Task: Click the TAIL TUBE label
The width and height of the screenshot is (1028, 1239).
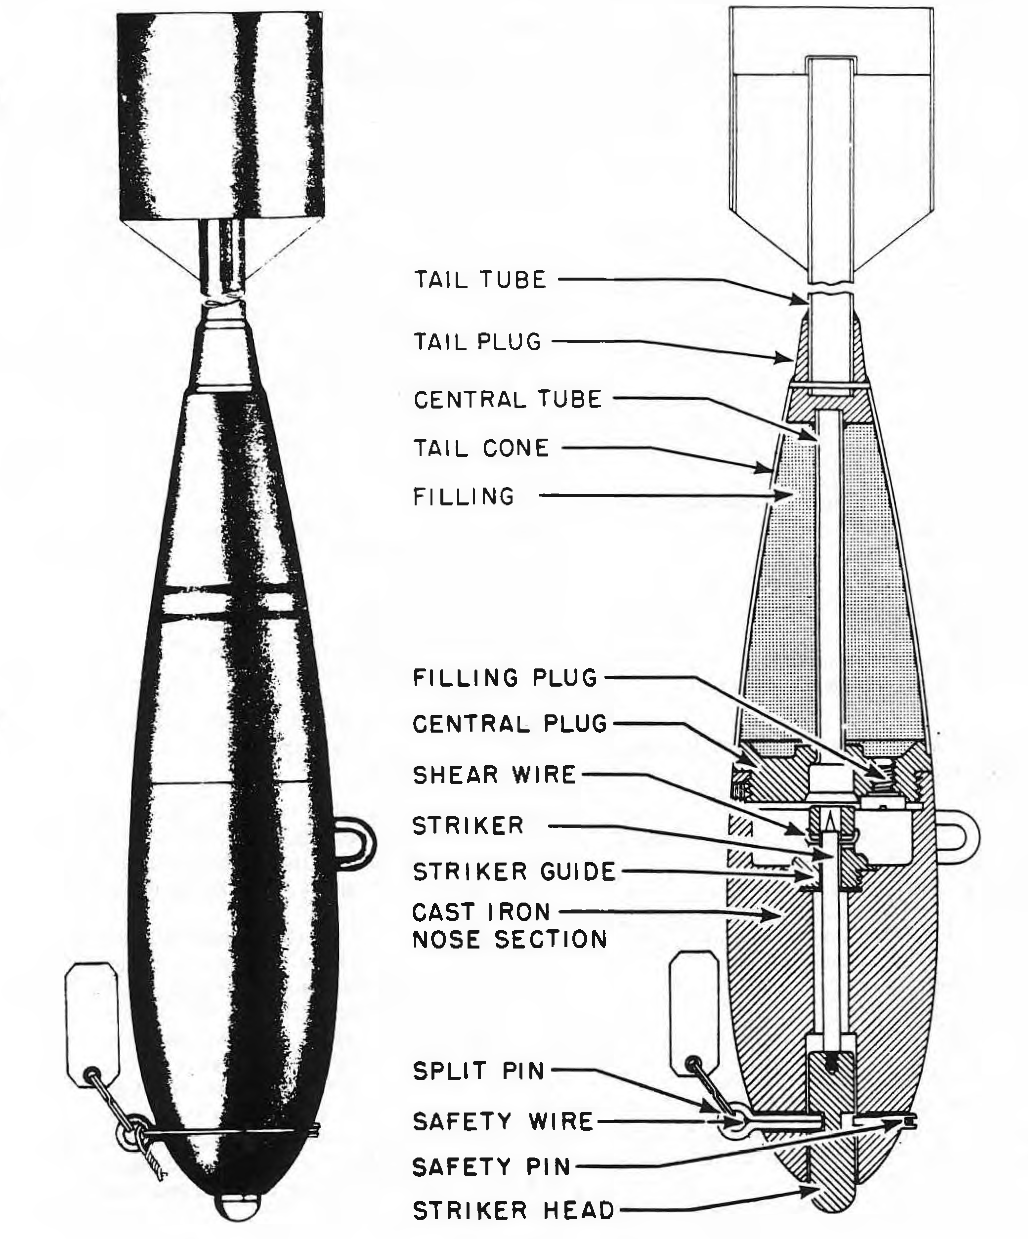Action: point(480,280)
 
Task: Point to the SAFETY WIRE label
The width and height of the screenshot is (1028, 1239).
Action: point(503,1121)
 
